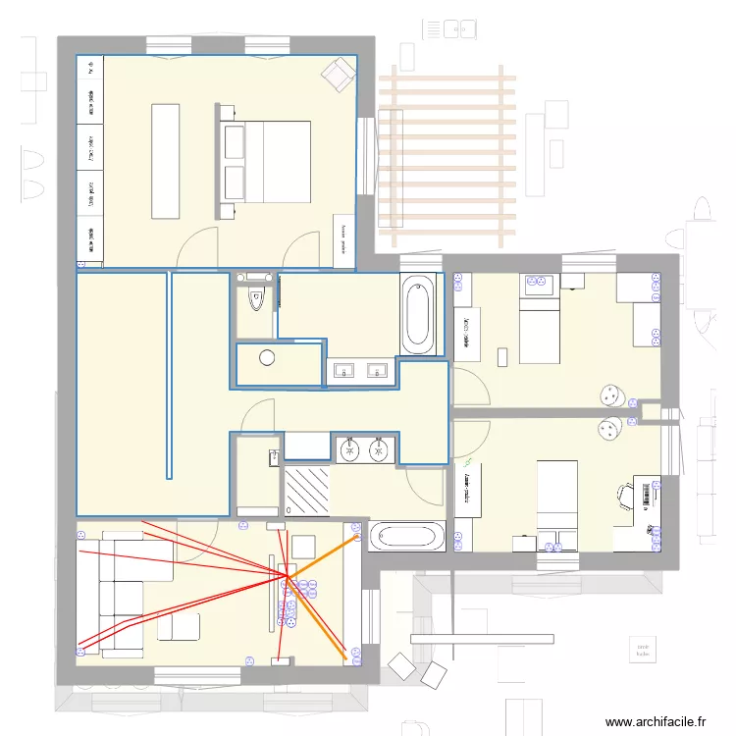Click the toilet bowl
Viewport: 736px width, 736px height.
click(257, 299)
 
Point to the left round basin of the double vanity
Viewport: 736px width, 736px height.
click(350, 450)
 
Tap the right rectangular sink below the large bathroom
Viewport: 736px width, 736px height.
click(376, 371)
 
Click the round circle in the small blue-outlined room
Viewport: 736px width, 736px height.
click(267, 357)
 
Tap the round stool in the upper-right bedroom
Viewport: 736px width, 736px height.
click(612, 394)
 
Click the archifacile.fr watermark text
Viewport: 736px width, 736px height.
click(655, 721)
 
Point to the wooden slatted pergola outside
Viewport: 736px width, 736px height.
click(447, 157)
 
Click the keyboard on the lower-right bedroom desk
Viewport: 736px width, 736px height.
click(647, 496)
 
